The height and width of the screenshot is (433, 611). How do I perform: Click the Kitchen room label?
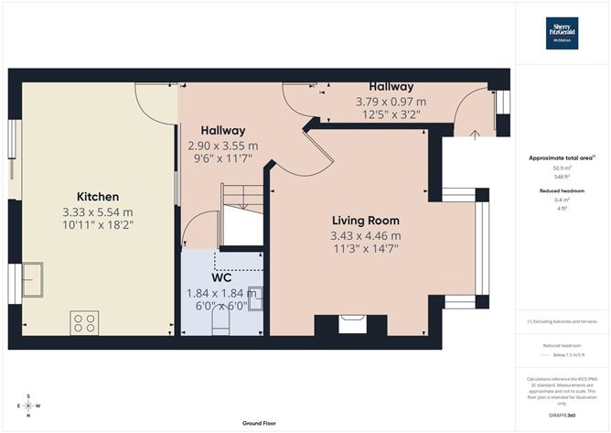(x=98, y=197)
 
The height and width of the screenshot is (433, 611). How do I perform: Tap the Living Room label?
(x=365, y=221)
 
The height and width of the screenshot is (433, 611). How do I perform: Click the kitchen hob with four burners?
(x=85, y=322)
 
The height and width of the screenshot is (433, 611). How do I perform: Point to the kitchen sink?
(x=32, y=278)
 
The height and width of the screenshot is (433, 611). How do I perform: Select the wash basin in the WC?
(x=256, y=298)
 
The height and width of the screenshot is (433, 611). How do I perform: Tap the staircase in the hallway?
(x=241, y=200)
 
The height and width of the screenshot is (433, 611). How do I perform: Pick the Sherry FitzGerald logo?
(x=562, y=33)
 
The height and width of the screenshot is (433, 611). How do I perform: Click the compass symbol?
(x=28, y=406)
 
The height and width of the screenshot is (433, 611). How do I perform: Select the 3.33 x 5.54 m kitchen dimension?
(x=98, y=212)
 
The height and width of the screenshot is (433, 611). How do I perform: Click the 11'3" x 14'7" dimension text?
(x=365, y=249)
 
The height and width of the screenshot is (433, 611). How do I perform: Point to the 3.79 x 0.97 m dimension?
(x=391, y=102)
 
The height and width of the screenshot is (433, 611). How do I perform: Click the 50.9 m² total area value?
(x=562, y=168)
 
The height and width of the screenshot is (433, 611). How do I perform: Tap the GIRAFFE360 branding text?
(x=562, y=416)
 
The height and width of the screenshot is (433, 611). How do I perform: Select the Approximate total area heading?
(x=562, y=157)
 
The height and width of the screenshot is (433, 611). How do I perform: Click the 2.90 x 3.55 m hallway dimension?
(x=222, y=146)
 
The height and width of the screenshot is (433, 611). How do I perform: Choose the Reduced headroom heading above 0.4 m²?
(x=562, y=190)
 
